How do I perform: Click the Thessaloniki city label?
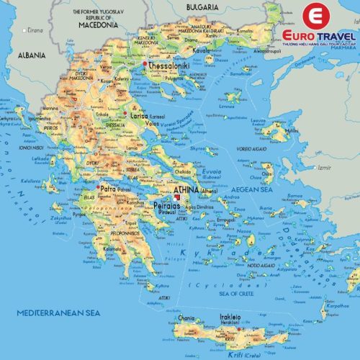click(170, 64)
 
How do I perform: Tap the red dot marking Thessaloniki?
click(145, 64)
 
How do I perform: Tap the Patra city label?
click(109, 189)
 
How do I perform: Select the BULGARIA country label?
click(202, 6)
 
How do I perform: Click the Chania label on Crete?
click(186, 318)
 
